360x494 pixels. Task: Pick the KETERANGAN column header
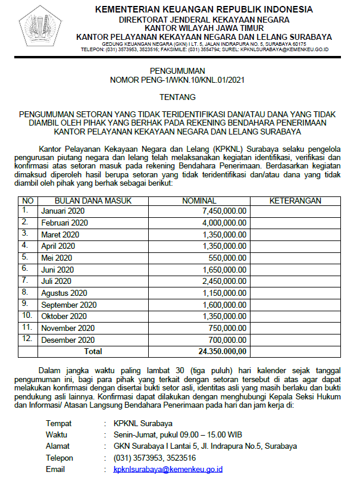295,201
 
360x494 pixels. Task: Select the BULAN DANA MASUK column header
81,201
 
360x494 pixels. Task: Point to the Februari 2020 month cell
64,223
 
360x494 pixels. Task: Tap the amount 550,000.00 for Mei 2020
229,258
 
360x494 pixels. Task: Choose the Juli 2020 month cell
56,281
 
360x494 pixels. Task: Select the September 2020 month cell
68,305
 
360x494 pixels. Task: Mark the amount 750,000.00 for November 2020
229,328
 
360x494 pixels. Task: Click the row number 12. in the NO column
27,339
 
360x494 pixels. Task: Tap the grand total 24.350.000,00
223,351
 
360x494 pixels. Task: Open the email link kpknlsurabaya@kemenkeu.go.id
168,470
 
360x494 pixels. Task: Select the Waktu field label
57,435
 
